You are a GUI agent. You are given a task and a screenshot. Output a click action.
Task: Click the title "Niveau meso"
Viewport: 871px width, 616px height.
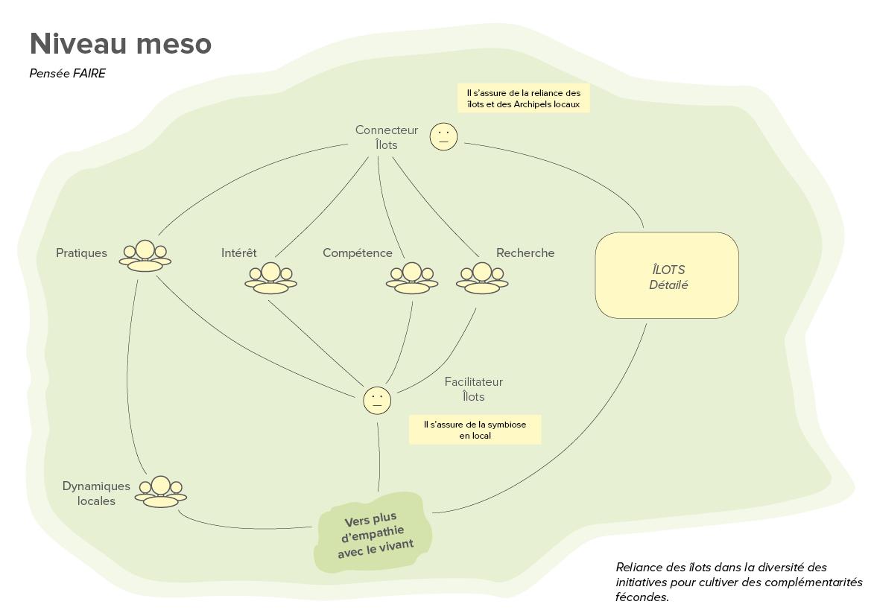click(x=121, y=44)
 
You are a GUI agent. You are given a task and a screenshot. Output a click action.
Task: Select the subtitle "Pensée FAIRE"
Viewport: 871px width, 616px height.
click(x=68, y=73)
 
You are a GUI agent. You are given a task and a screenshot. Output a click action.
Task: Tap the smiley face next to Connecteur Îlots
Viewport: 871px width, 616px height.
click(x=443, y=136)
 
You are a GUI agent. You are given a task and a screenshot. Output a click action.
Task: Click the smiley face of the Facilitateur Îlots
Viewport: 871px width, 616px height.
click(x=377, y=400)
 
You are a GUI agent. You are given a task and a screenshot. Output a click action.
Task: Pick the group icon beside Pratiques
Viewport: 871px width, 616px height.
click(x=145, y=256)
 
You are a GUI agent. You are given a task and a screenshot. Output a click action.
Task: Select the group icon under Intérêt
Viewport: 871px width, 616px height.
click(x=270, y=278)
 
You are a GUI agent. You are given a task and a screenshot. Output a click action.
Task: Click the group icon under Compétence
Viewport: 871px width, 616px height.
click(x=412, y=278)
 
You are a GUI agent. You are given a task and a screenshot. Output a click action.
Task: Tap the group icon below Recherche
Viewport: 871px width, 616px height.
click(x=482, y=278)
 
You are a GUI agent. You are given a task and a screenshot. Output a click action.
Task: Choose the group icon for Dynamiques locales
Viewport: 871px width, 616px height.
click(x=161, y=492)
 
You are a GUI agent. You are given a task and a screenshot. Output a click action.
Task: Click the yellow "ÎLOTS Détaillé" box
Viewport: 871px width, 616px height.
click(x=667, y=276)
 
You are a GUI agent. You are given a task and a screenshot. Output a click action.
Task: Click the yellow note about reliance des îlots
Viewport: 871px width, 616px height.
click(x=523, y=98)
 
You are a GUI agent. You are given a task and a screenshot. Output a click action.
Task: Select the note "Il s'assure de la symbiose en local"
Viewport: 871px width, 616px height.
click(x=475, y=430)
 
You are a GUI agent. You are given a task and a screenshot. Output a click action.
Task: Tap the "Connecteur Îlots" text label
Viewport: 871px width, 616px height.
click(x=387, y=137)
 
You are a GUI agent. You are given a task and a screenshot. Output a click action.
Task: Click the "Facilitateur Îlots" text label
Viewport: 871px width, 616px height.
click(x=473, y=389)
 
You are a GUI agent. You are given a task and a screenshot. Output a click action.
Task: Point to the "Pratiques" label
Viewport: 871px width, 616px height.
click(x=81, y=253)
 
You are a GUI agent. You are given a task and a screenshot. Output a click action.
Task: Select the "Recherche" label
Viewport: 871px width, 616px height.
click(x=525, y=253)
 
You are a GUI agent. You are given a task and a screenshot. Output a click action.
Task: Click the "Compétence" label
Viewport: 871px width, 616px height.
click(x=357, y=253)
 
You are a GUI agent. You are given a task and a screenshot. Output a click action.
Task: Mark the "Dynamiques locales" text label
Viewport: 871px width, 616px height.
click(x=96, y=493)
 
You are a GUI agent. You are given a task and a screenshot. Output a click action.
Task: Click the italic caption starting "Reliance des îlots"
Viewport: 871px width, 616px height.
click(x=738, y=582)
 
